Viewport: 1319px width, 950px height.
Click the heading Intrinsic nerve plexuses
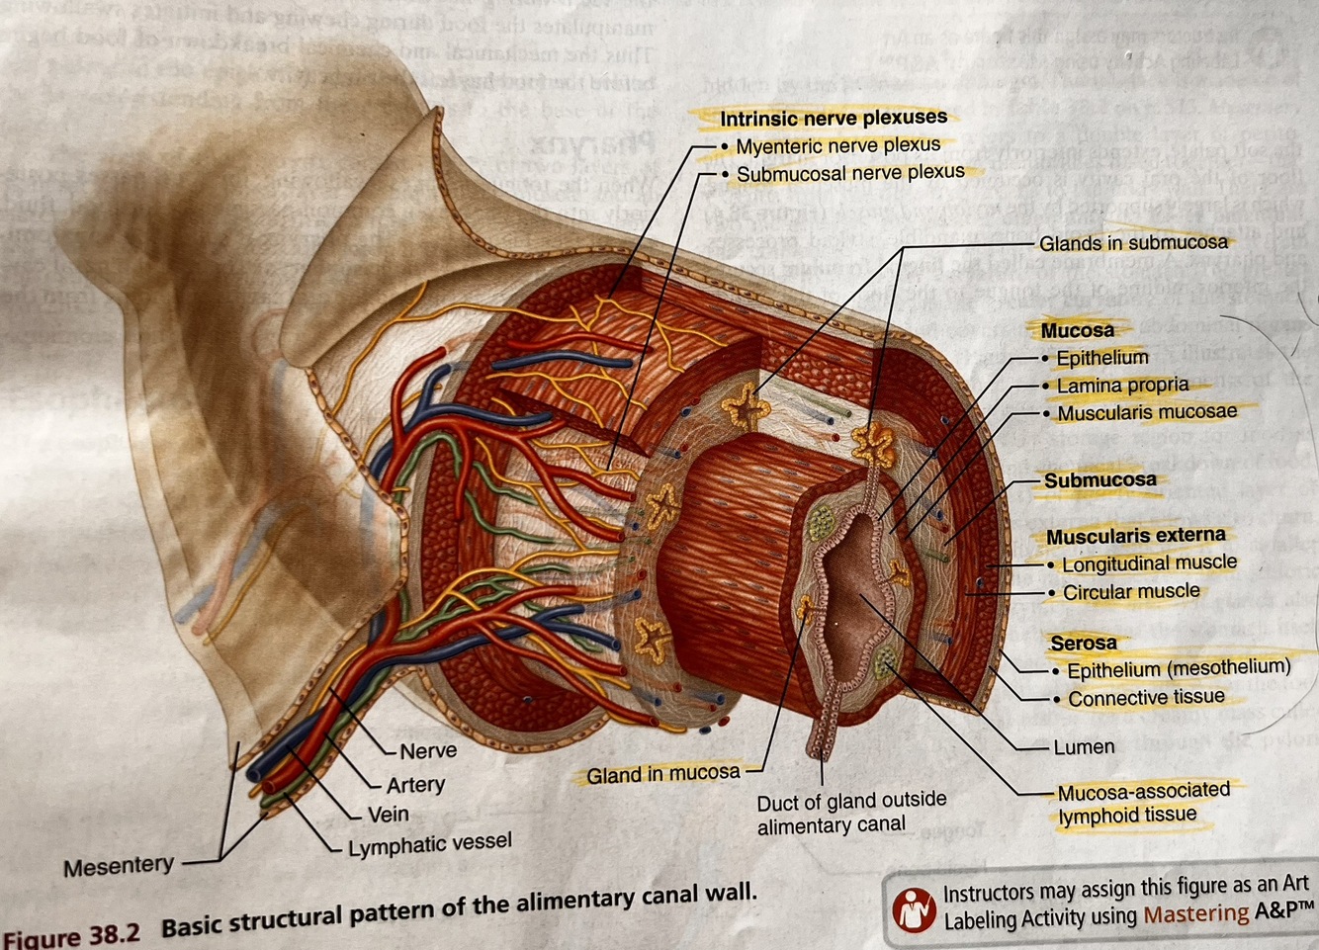(833, 118)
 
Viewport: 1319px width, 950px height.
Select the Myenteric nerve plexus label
(837, 145)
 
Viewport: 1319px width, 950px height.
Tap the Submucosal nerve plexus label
(850, 173)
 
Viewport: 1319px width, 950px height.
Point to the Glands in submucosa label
(1132, 242)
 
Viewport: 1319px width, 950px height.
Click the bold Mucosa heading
(1077, 330)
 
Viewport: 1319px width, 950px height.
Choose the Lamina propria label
(1122, 385)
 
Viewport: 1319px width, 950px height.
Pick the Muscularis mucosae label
(1146, 412)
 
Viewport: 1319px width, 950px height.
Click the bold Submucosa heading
(1099, 480)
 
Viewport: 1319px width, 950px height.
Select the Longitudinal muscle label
(1149, 563)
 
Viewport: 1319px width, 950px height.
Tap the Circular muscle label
(1131, 591)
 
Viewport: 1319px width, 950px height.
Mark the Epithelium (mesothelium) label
(1178, 668)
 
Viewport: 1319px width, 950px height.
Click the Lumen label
(1084, 747)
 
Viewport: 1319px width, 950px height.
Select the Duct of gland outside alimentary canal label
(851, 812)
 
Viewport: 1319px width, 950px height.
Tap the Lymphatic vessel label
(429, 843)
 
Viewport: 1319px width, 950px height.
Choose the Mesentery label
(118, 867)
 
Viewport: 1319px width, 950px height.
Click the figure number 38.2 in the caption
(115, 933)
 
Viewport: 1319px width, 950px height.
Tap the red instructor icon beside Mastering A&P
(914, 909)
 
